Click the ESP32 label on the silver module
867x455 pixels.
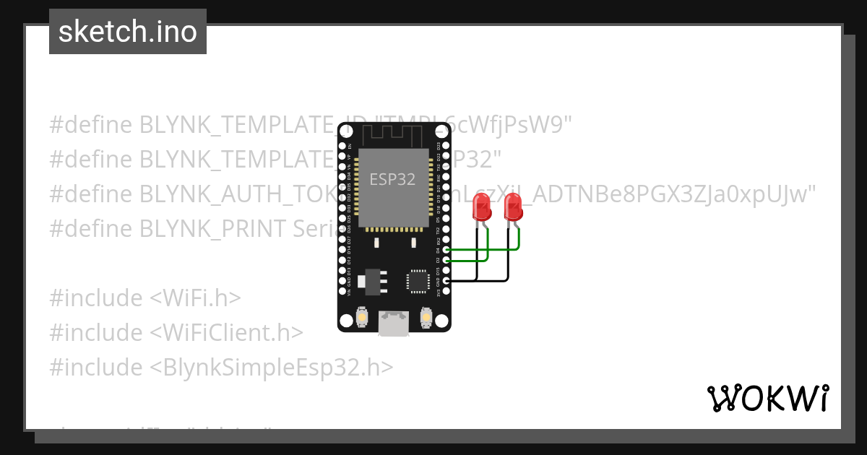point(392,179)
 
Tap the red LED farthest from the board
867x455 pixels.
point(514,209)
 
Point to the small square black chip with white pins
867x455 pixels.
point(418,281)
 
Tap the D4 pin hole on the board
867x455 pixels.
point(446,250)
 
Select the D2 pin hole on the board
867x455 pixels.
point(446,260)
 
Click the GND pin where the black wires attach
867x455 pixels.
point(446,280)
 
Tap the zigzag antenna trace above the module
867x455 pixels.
point(394,134)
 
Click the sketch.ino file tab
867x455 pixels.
point(128,32)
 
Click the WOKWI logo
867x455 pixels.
point(768,398)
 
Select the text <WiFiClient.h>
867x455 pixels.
point(227,332)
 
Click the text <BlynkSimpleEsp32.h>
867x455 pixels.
point(272,367)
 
